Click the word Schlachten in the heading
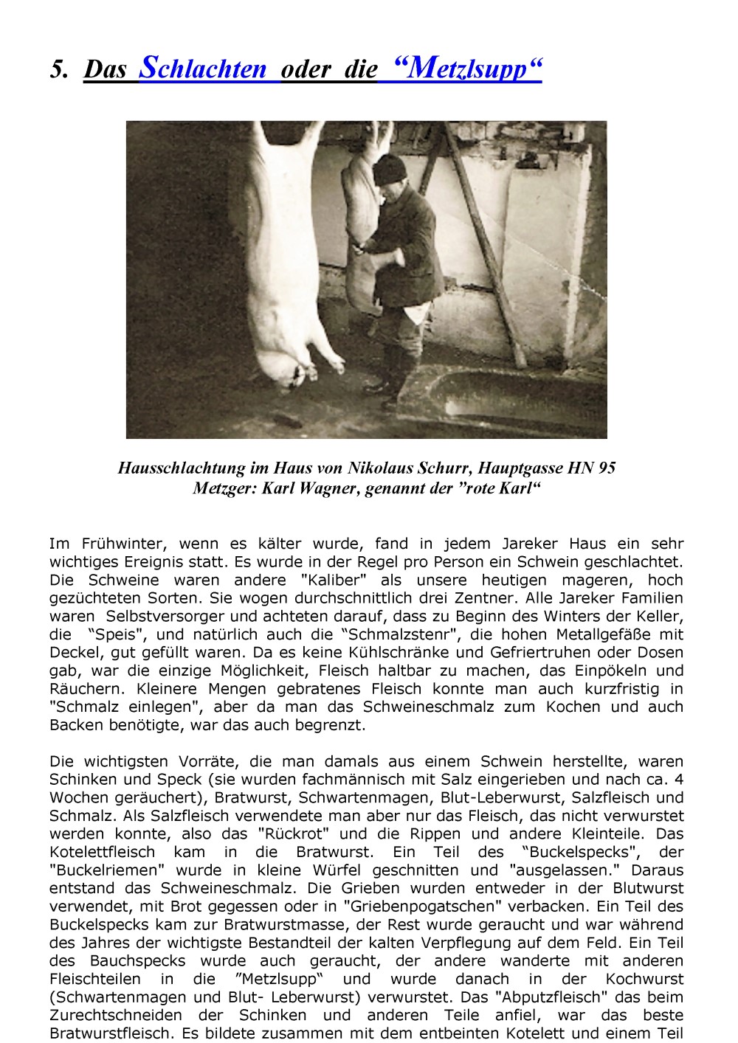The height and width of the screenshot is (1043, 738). [203, 69]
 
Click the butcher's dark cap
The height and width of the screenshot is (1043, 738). [390, 170]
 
